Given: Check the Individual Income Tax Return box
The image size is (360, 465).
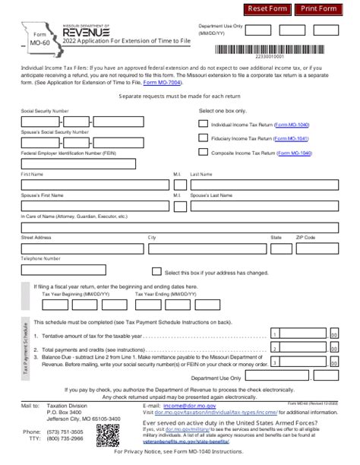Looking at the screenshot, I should (x=203, y=123).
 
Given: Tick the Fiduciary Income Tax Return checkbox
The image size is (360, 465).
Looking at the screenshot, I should (x=203, y=138).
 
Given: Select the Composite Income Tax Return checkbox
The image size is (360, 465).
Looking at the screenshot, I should (x=203, y=153).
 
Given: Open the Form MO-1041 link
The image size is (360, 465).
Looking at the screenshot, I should (x=292, y=139).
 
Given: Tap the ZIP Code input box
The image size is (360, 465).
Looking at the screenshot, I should (x=316, y=247).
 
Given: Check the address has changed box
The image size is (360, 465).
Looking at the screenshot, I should (x=157, y=272).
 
